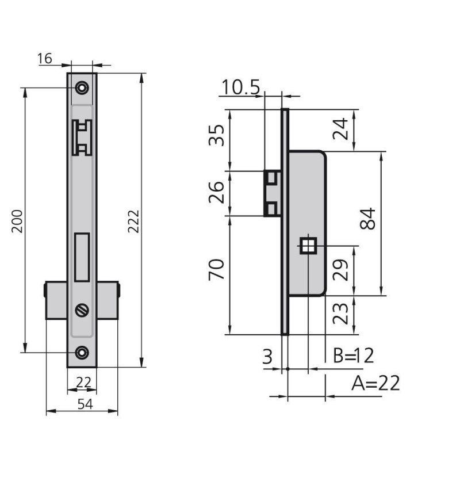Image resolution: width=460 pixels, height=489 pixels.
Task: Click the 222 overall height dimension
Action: click(134, 221)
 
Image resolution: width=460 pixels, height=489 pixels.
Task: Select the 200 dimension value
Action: click(17, 221)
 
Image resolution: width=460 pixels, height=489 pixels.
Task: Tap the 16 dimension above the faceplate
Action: click(45, 59)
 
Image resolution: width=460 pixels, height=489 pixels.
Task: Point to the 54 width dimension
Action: click(85, 404)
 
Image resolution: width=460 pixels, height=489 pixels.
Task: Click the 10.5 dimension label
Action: click(240, 87)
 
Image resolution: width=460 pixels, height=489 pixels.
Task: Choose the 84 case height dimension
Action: click(368, 219)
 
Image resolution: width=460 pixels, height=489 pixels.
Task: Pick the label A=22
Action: click(375, 383)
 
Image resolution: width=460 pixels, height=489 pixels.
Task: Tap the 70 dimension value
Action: click(217, 269)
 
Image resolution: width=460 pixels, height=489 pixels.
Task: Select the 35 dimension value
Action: click(217, 135)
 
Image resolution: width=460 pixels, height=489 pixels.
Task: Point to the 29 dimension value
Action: click(340, 270)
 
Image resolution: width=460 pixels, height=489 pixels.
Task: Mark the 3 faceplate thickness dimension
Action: click(267, 357)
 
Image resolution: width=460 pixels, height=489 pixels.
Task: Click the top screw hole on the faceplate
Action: click(82, 88)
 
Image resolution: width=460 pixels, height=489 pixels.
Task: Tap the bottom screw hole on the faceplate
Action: click(82, 353)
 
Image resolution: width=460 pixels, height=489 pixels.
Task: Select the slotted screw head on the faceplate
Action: click(82, 310)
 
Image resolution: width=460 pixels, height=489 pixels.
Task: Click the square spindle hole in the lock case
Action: click(308, 246)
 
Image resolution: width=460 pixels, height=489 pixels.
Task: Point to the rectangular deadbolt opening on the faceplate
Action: click(82, 257)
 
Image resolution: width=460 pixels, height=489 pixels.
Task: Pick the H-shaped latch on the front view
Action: click(82, 137)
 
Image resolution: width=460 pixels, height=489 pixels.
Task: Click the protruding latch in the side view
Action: click(273, 193)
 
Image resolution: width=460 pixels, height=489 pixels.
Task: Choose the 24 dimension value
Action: click(340, 129)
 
